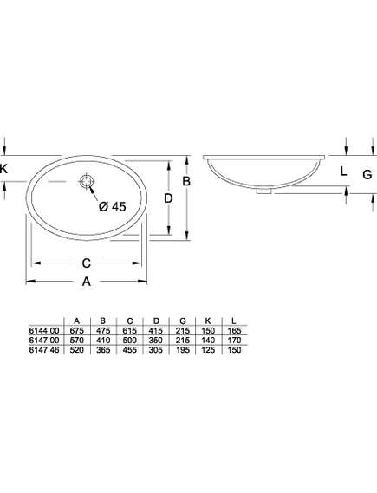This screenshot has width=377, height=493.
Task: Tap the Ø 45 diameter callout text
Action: point(113,206)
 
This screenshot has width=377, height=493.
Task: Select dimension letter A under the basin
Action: point(87,282)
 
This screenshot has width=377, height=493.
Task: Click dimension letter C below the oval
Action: point(87,263)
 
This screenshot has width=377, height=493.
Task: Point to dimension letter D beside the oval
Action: point(168,198)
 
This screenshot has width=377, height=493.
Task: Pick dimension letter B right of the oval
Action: point(186,181)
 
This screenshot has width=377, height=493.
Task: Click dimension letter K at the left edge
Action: point(3,169)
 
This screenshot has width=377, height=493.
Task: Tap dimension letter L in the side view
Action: point(344,172)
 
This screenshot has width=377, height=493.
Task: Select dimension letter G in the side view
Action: point(367,174)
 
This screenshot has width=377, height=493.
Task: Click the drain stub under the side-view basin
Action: point(263,191)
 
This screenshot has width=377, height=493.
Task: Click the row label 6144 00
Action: point(44,330)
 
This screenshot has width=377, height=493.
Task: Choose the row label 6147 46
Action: point(44,350)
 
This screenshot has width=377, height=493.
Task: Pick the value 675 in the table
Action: point(77,330)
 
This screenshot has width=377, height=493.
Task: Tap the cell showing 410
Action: point(103,341)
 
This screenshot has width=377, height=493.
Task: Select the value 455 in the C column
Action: point(129,350)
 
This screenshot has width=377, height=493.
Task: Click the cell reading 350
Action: point(156,341)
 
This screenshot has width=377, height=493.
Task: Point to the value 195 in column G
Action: point(182,350)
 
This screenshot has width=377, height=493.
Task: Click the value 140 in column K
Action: point(208,341)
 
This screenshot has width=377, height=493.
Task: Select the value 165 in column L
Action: point(234,330)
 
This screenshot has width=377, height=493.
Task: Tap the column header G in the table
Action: point(183,321)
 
